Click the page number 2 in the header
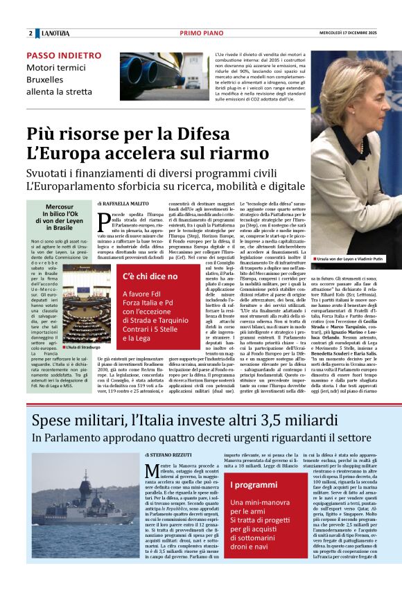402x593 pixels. tap(30, 33)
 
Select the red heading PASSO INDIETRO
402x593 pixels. tap(58, 55)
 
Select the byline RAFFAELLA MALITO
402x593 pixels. tap(123, 204)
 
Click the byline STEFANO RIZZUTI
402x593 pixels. tap(172, 454)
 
